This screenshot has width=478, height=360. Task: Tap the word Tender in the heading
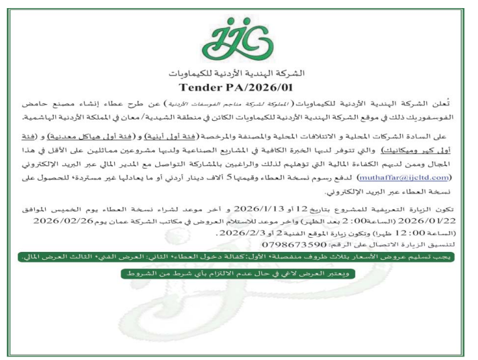(201, 87)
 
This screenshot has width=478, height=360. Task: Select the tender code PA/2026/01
(264, 87)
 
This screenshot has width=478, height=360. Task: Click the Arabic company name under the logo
(239, 72)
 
